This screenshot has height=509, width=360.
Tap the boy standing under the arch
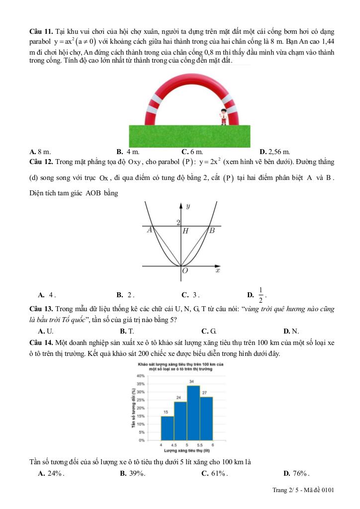click(223, 117)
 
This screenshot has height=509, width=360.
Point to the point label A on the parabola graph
click(149, 231)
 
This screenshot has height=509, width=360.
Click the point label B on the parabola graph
click(212, 230)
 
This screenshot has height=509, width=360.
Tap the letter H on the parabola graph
click(185, 231)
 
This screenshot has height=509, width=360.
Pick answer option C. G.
click(208, 331)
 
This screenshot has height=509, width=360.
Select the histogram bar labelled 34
click(193, 413)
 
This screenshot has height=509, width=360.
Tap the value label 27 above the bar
click(204, 393)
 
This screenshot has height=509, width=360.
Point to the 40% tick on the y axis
click(140, 376)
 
